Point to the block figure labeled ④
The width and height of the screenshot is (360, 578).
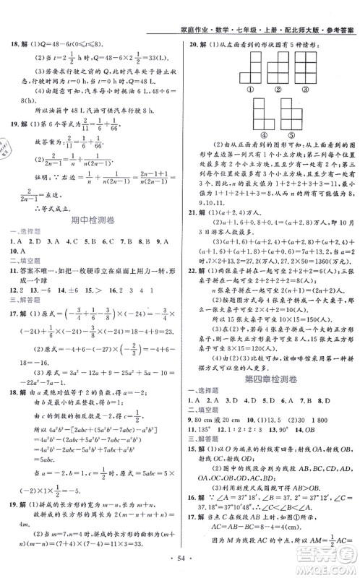pos(236,115)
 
